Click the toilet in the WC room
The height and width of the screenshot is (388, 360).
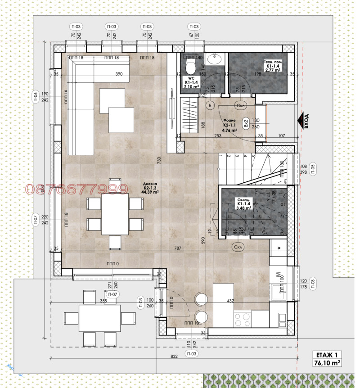(190, 68)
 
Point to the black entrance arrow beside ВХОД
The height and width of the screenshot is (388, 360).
(298, 121)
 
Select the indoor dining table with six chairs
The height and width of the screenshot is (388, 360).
(115, 214)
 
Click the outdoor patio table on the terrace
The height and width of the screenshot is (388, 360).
(100, 318)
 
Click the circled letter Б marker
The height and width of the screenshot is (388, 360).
(210, 105)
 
